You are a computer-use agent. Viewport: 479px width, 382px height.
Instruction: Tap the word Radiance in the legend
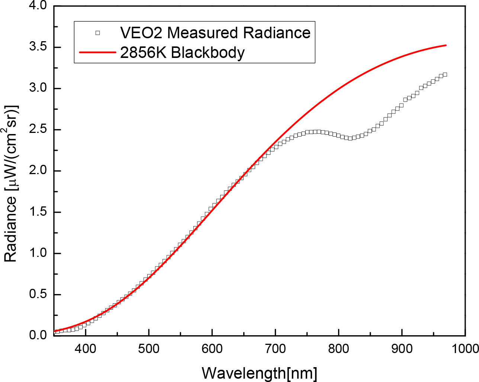pyautogui.click(x=277, y=33)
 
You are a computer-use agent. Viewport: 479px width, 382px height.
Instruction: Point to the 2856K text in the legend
pyautogui.click(x=144, y=52)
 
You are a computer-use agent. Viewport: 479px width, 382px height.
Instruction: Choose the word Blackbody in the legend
pyautogui.click(x=208, y=52)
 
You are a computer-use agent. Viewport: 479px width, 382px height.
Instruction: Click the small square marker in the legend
pyautogui.click(x=97, y=33)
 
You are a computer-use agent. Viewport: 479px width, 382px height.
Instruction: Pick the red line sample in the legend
pyautogui.click(x=97, y=52)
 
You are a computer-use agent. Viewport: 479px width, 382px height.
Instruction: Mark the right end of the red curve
pyautogui.click(x=446, y=45)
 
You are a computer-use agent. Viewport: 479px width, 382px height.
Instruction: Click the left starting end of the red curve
pyautogui.click(x=55, y=331)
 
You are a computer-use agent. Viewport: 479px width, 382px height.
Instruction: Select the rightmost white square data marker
pyautogui.click(x=445, y=75)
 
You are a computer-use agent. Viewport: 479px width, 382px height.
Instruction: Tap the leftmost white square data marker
pyautogui.click(x=55, y=332)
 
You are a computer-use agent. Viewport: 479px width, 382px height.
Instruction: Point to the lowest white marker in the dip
pyautogui.click(x=350, y=139)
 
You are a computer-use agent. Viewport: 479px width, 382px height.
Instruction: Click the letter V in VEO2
pyautogui.click(x=125, y=33)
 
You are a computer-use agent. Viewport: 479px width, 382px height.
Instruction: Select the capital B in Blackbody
pyautogui.click(x=176, y=52)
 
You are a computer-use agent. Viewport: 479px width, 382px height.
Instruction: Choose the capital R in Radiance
pyautogui.click(x=248, y=33)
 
